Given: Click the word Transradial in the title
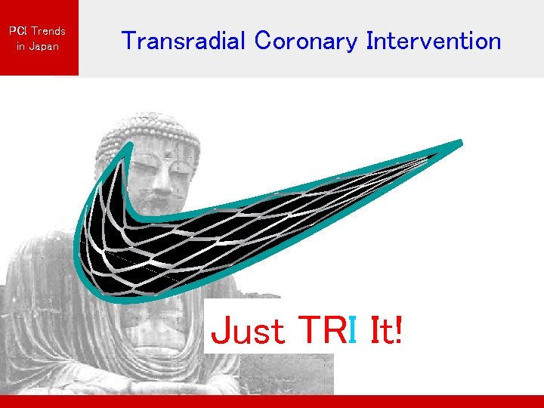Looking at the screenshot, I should point(184,41).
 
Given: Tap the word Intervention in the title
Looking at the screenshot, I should point(433,41).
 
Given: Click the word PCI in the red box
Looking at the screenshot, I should point(17,31).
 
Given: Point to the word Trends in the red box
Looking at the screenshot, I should point(48,31).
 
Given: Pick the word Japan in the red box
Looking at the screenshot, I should point(42,46).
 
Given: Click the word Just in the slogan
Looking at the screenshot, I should point(248,331).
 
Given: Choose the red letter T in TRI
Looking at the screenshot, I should point(310,331).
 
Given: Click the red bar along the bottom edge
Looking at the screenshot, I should point(272,401).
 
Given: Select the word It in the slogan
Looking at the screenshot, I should point(380,331).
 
